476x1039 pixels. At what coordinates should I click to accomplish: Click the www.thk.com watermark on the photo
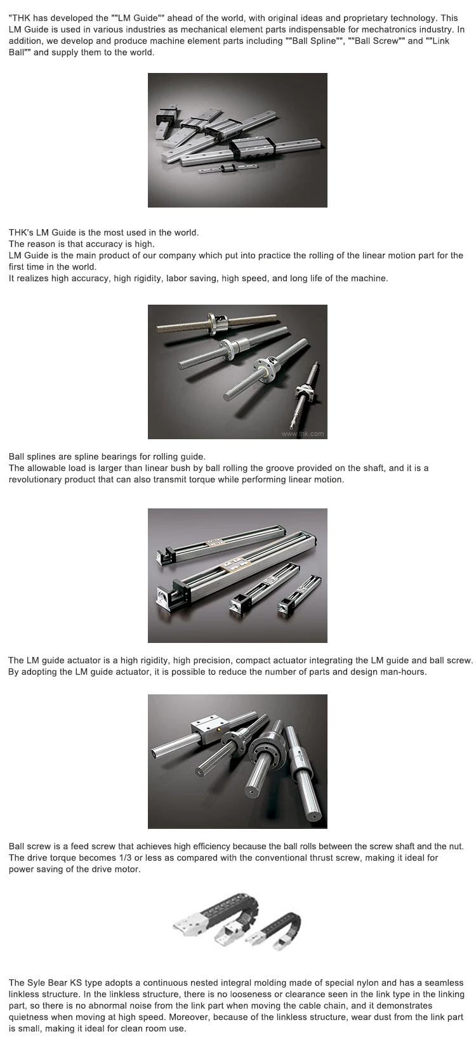tap(303, 433)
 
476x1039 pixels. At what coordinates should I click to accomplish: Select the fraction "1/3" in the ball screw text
tap(125, 857)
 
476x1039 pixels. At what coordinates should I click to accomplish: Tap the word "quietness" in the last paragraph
tap(28, 1017)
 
